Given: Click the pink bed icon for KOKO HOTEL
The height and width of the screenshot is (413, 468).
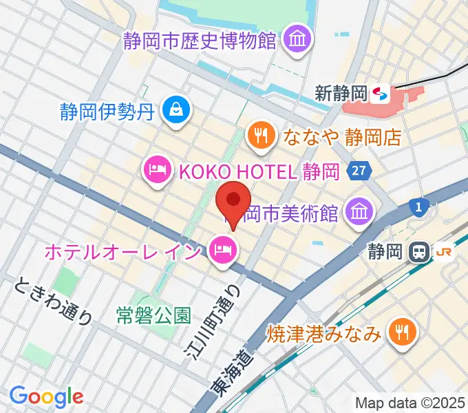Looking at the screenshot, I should [158, 169].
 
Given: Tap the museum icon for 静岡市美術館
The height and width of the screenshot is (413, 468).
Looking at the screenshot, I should [359, 210].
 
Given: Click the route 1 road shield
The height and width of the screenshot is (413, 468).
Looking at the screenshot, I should [418, 205].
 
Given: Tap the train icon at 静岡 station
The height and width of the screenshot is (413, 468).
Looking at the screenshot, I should [418, 252].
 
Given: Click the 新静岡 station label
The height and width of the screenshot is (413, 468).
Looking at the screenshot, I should [341, 92].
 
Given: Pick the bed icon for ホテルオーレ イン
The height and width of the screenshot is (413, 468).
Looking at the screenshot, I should [223, 249].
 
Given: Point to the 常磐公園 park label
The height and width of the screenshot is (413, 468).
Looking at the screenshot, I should [153, 315].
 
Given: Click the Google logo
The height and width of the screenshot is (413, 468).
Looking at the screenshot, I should [46, 396].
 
